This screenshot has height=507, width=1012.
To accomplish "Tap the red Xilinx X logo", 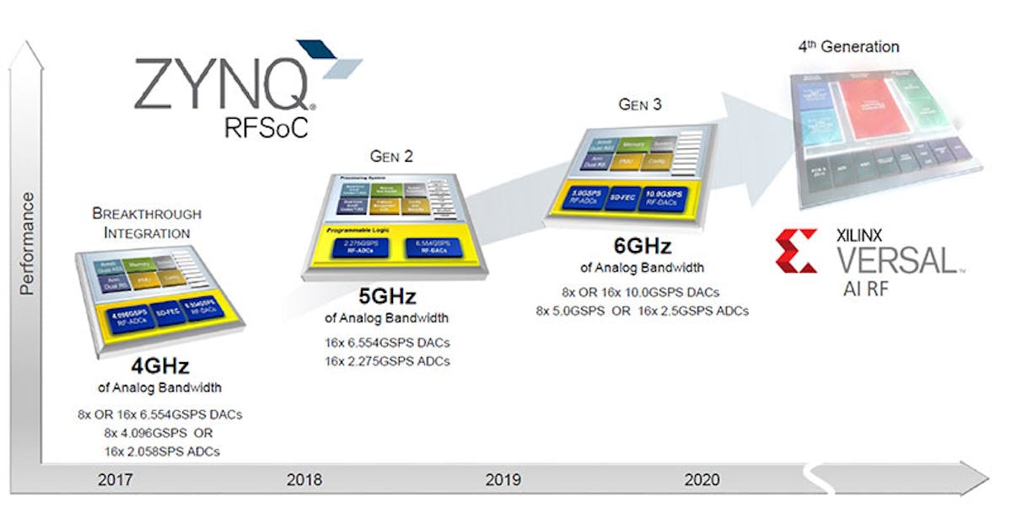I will point(796,251).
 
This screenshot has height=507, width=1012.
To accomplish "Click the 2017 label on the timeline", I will point(115,480).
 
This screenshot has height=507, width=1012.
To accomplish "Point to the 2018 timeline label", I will point(304,480).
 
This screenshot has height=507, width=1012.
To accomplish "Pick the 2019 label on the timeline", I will point(503,480).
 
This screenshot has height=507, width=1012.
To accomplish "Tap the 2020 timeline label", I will point(702,480).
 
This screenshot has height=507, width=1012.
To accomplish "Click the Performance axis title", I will point(28,243).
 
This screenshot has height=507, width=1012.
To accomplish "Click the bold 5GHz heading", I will point(387,297).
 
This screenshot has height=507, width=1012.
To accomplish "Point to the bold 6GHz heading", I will point(642,247).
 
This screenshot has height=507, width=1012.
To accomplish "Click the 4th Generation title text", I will point(848,47).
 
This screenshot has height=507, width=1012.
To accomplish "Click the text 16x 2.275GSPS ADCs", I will point(387,360).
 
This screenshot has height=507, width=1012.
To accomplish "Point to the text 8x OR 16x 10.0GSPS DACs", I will point(642,292).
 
